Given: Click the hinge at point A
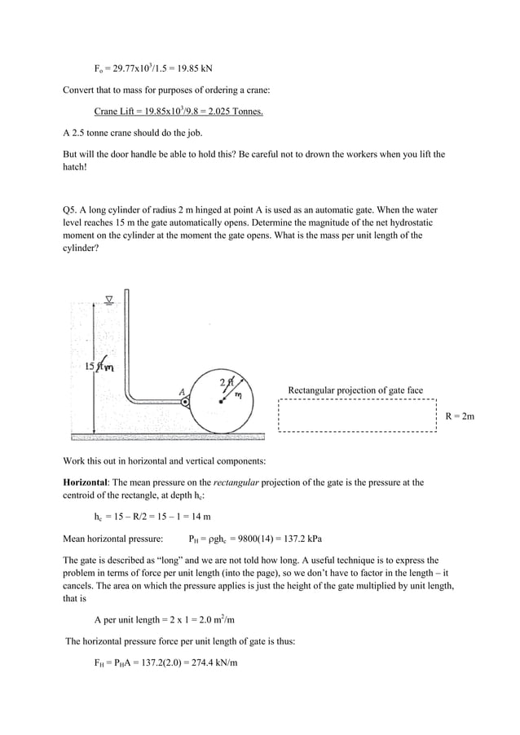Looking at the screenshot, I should (186, 402).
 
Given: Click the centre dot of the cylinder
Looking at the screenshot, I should (221, 402).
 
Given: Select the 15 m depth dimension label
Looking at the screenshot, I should (99, 367).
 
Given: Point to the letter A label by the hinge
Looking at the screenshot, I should (182, 390).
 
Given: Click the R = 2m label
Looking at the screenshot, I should (460, 416).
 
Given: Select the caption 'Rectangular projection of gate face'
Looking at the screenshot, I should (355, 390).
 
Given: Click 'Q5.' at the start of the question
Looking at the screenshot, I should (71, 209).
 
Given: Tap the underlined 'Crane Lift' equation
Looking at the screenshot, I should (178, 111).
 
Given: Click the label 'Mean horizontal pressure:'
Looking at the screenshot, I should (112, 539).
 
